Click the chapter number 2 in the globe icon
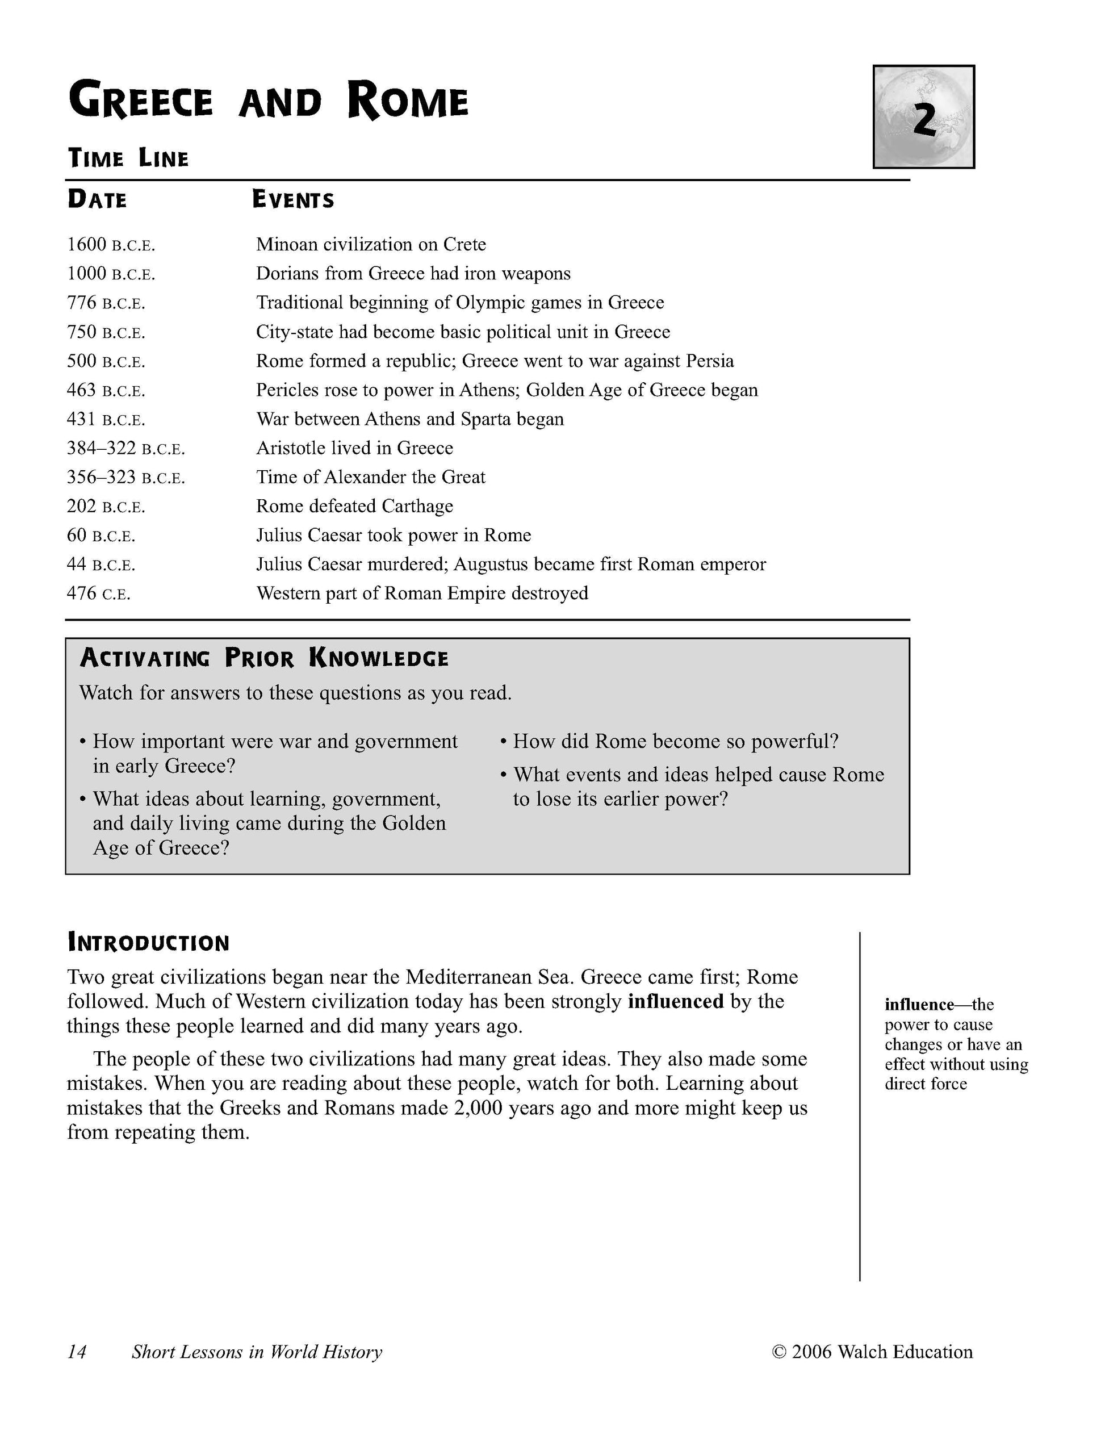click(924, 119)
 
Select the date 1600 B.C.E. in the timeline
click(111, 245)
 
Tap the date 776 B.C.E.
click(106, 303)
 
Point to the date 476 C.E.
click(98, 594)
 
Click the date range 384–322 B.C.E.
click(125, 449)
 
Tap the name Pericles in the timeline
click(287, 390)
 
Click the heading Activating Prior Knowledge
click(264, 658)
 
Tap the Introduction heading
click(149, 943)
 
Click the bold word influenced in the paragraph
click(675, 1002)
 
